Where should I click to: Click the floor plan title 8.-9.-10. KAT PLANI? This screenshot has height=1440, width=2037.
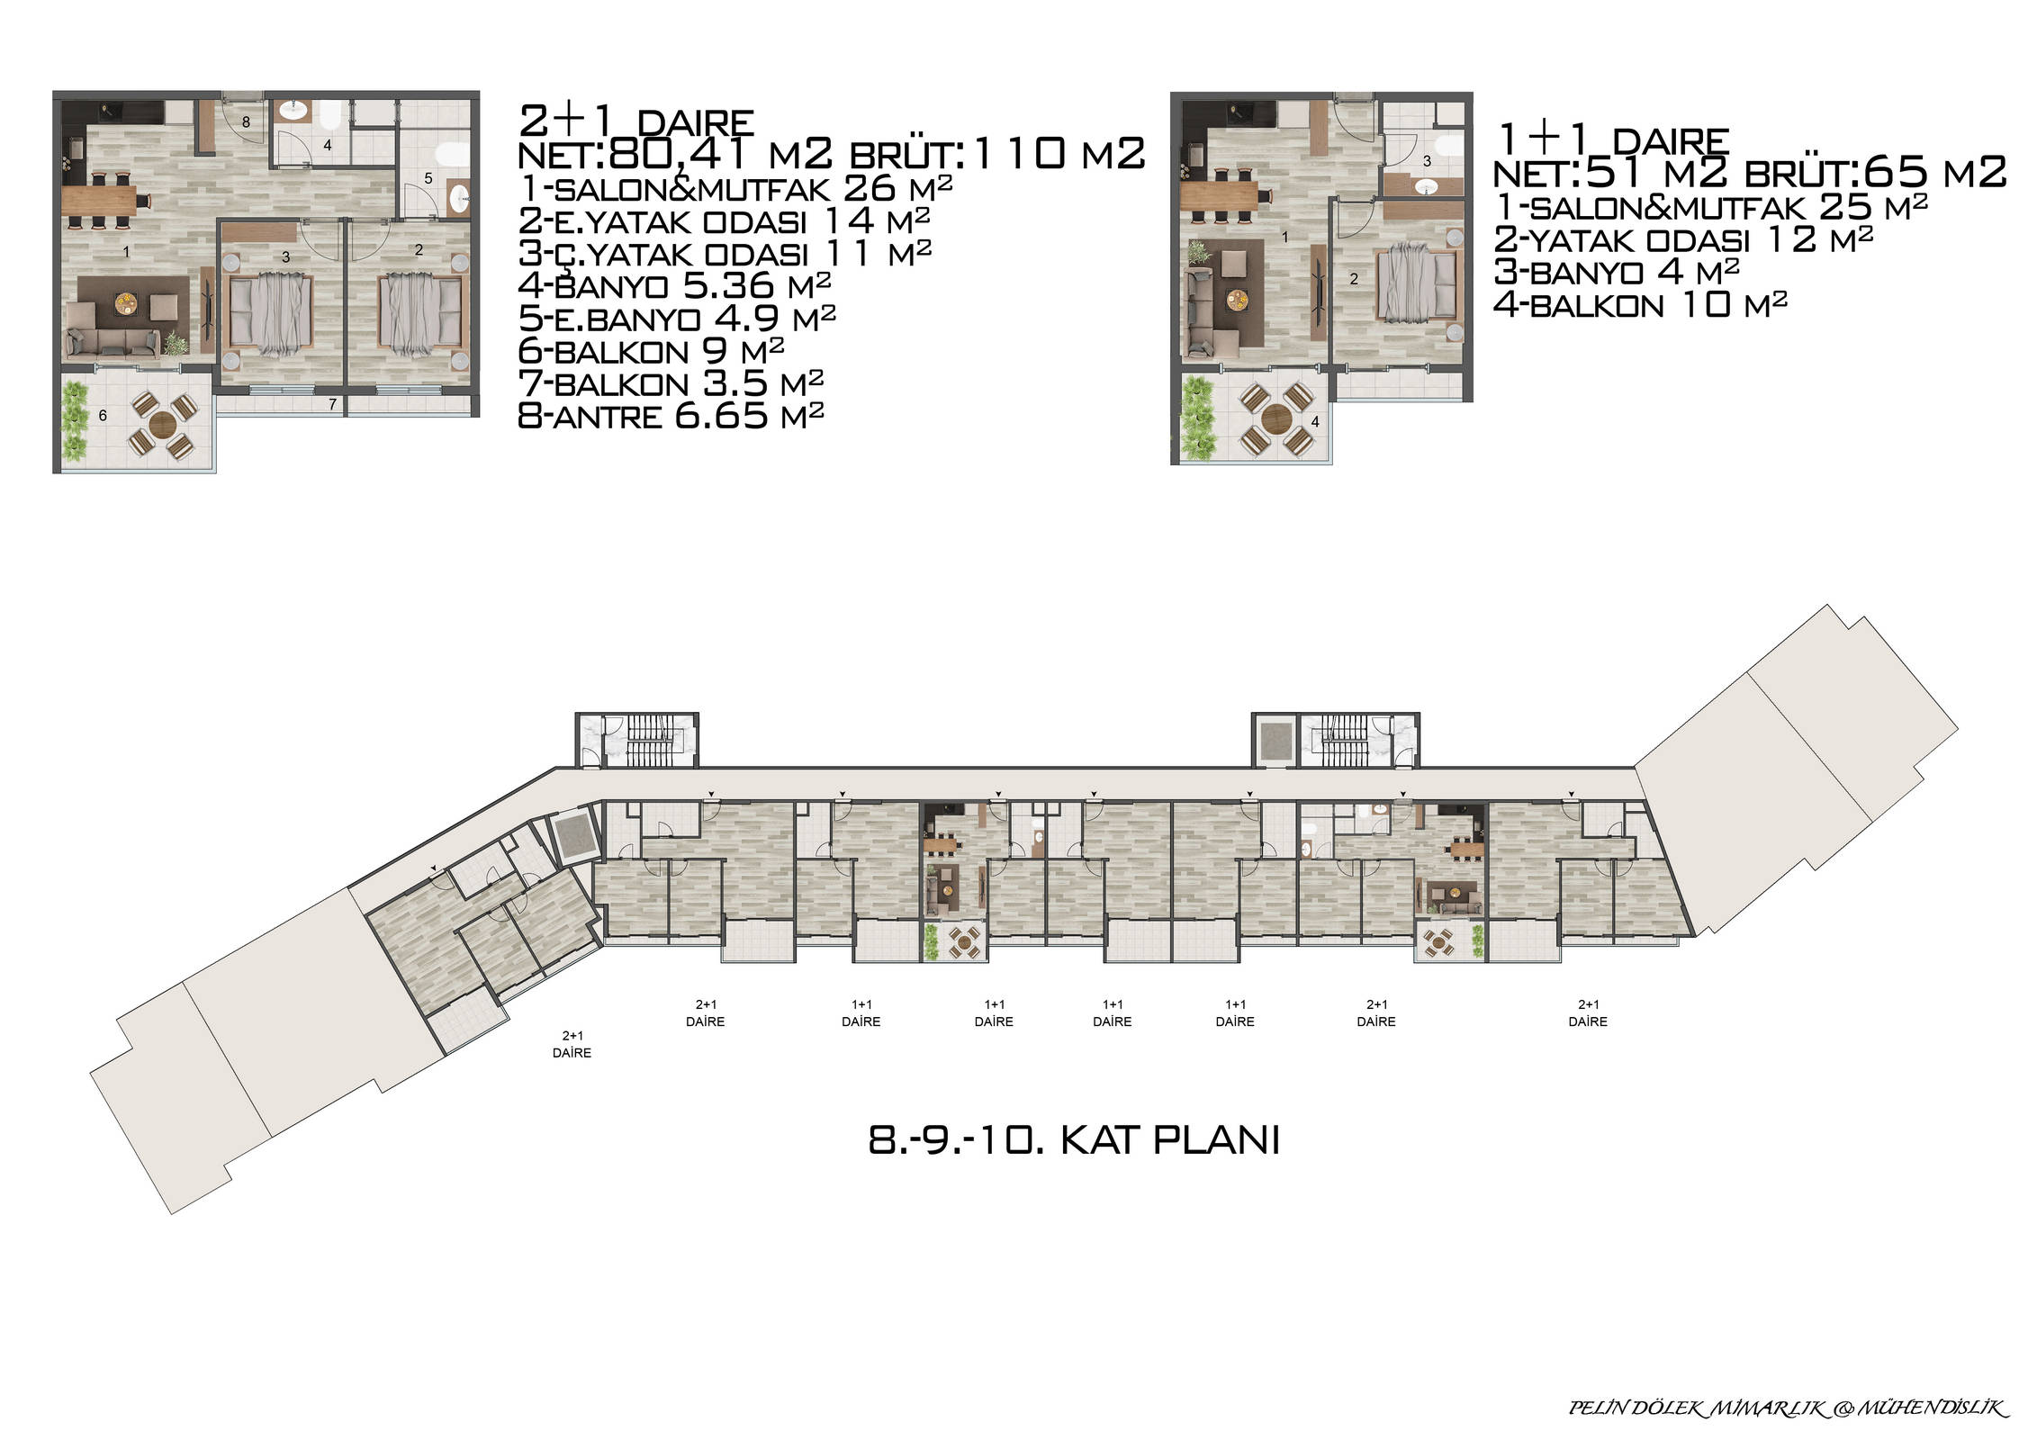(1073, 1141)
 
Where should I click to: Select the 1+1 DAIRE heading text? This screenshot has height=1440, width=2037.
(1612, 141)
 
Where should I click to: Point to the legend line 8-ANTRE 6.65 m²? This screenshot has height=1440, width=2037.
(671, 416)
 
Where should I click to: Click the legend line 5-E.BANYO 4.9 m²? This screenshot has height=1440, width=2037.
(677, 319)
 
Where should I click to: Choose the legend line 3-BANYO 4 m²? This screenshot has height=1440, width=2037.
(1617, 271)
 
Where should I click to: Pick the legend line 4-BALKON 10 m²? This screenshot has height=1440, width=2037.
(1640, 304)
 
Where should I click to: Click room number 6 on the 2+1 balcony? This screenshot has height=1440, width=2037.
(103, 415)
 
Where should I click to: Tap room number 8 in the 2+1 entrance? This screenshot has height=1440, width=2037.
(246, 121)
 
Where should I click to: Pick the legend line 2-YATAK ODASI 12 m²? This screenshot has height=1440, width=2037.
(1683, 238)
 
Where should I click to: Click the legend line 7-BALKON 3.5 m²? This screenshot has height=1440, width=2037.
(671, 383)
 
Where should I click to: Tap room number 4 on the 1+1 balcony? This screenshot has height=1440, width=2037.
(1315, 421)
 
